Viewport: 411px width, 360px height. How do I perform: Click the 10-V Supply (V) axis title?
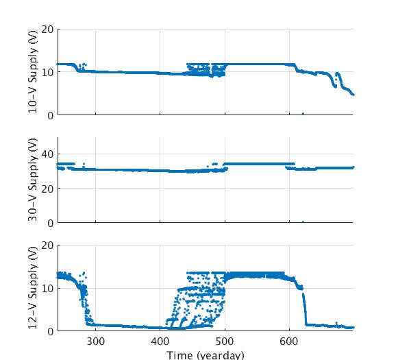point(32,72)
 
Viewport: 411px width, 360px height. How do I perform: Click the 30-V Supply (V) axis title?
point(32,180)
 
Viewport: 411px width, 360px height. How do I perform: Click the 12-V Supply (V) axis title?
point(32,288)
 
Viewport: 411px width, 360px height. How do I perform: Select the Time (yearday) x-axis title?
point(206,355)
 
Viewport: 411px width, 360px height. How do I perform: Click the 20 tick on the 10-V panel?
point(47,29)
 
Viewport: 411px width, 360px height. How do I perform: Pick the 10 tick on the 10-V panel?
point(47,72)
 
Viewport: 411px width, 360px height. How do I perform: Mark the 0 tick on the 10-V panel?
point(51,115)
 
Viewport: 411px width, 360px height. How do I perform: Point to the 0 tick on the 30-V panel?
point(51,223)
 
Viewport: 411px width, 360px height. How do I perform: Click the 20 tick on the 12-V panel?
point(47,245)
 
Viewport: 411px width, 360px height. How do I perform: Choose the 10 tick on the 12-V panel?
point(47,288)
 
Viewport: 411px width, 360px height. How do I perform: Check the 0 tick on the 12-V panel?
point(51,331)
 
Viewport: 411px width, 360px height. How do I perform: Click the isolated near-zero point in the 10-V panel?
point(303,114)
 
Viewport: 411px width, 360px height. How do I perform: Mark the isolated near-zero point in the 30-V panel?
point(303,221)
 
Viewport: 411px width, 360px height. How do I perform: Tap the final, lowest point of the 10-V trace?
point(353,95)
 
